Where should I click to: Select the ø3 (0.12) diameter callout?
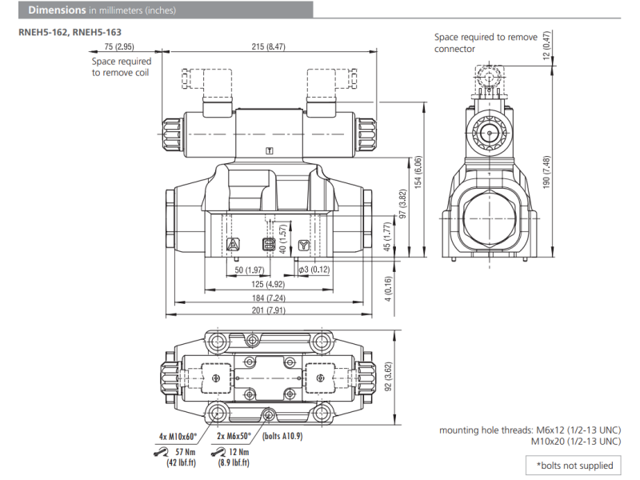tap(314, 270)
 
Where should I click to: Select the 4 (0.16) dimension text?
tap(388, 289)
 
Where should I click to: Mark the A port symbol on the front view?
tap(233, 244)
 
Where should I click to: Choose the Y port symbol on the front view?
tap(302, 245)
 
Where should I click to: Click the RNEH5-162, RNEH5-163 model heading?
tap(70, 33)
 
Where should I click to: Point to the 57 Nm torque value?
tap(186, 452)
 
